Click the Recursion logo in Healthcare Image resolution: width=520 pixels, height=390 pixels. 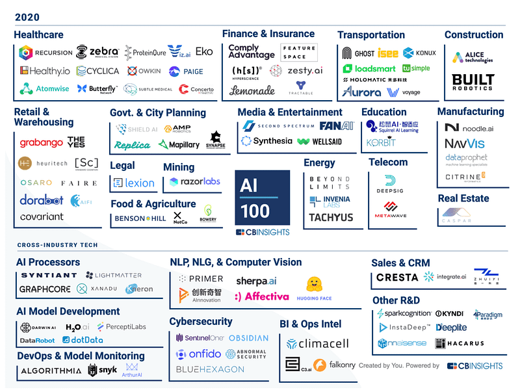[x=45, y=53]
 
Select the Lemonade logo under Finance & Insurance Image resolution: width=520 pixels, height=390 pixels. [x=252, y=90]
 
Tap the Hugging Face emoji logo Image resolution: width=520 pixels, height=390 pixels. [x=314, y=288]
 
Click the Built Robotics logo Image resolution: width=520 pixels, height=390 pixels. [x=473, y=83]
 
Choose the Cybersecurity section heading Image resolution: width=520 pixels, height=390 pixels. [x=201, y=321]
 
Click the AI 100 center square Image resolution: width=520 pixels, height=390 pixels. [x=262, y=199]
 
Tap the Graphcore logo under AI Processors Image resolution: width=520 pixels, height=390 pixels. [x=44, y=289]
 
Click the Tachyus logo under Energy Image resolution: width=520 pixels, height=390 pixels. [x=331, y=218]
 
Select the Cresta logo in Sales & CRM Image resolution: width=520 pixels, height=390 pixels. [x=397, y=278]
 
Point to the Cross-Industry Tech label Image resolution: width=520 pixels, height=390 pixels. [x=57, y=245]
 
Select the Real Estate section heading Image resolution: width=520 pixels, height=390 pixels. [x=463, y=198]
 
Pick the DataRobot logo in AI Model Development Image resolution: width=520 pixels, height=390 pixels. [x=36, y=340]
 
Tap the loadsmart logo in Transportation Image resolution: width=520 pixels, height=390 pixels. [x=369, y=68]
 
